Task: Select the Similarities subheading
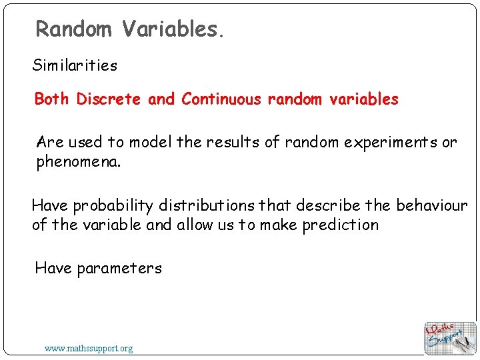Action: coord(75,65)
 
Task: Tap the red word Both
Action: coord(52,99)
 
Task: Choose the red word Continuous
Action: coord(221,99)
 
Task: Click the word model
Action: coord(151,142)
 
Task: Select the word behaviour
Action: coord(432,205)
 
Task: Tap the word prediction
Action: coord(340,225)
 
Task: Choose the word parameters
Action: coord(119,269)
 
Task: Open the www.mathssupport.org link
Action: coord(89,348)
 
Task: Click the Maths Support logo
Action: coord(451,338)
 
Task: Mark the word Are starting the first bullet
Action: coord(50,142)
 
